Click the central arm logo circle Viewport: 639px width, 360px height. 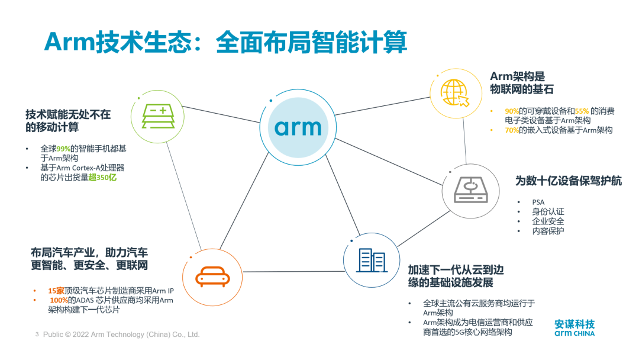click(x=298, y=127)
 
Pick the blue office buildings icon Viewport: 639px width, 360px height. click(x=371, y=260)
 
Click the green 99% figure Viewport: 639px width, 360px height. click(x=63, y=149)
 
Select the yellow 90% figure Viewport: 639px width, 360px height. click(x=511, y=111)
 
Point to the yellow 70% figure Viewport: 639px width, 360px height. click(x=511, y=130)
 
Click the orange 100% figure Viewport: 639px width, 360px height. click(x=59, y=300)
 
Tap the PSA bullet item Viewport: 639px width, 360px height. click(x=538, y=202)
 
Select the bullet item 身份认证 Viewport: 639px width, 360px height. click(x=548, y=212)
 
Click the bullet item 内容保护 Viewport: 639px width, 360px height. click(x=548, y=231)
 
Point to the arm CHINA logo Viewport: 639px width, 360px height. click(x=575, y=329)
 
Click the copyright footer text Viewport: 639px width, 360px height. click(x=121, y=335)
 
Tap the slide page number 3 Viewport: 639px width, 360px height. click(x=37, y=335)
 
